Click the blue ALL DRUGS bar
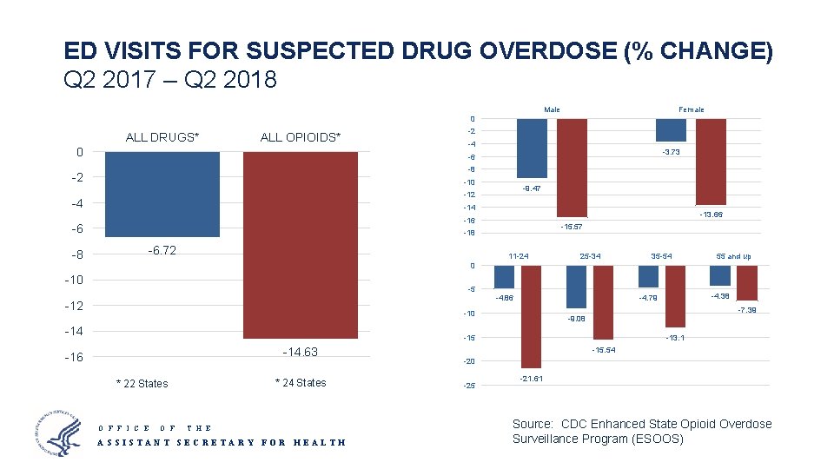coord(162,194)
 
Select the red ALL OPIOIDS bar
coord(301,245)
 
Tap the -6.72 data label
coord(162,251)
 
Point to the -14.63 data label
coord(301,352)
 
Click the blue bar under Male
coord(532,149)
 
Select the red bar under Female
coord(711,162)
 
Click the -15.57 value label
coord(571,227)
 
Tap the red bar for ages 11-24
coord(531,316)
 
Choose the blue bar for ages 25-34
coord(576,287)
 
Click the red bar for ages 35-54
coord(674,296)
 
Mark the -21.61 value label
coord(532,380)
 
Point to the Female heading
coord(692,109)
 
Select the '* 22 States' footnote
coord(142,384)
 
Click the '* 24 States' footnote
coord(301,383)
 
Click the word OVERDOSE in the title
coord(547,51)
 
